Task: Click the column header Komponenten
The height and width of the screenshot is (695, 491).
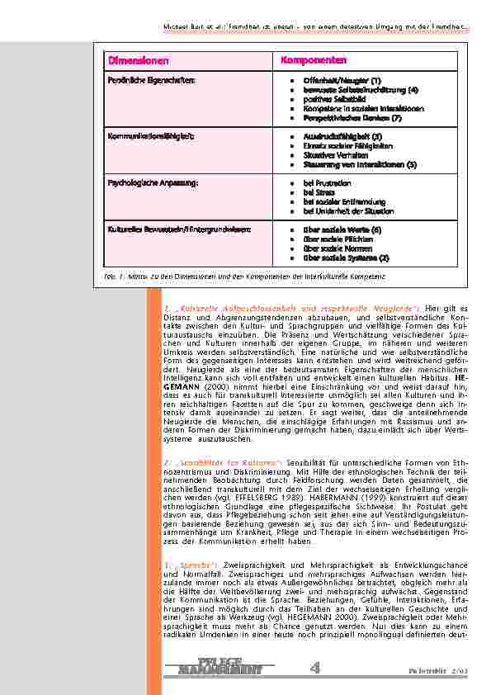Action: tap(314, 61)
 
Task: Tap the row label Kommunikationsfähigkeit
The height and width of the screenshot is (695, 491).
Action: tap(149, 135)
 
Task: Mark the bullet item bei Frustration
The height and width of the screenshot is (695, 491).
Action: tap(328, 182)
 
